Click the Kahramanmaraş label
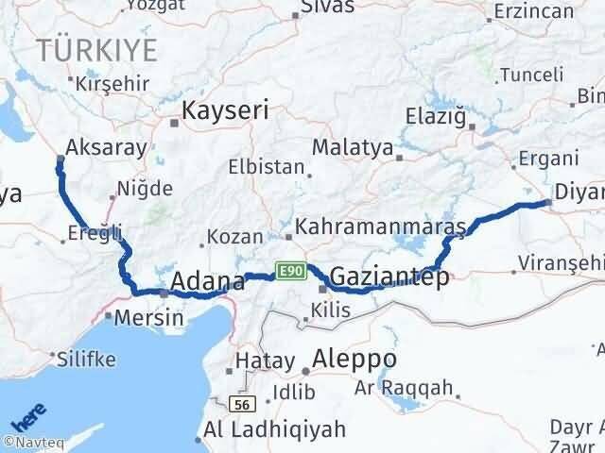click(382, 227)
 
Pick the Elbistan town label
click(266, 167)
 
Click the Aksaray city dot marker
click(60, 159)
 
